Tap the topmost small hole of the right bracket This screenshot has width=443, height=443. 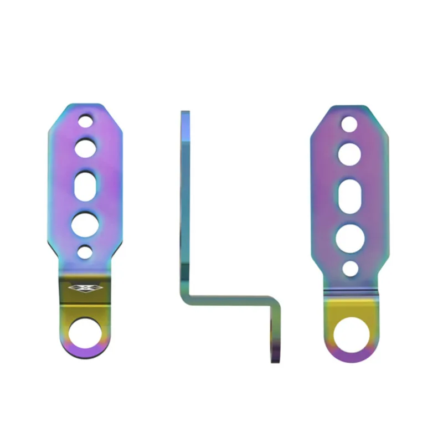[x=349, y=123]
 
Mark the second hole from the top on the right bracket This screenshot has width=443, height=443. [x=349, y=154]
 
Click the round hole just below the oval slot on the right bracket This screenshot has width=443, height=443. [x=349, y=238]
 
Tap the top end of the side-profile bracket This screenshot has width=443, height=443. [x=185, y=113]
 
